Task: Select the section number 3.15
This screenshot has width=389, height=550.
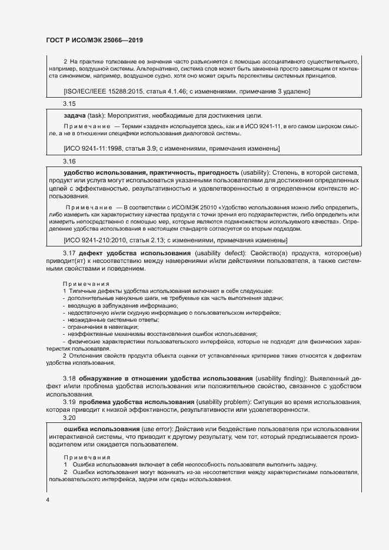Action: (69, 104)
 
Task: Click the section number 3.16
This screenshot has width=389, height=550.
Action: (69, 161)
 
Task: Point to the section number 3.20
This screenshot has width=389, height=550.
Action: (69, 417)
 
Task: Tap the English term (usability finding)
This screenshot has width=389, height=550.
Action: (285, 377)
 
